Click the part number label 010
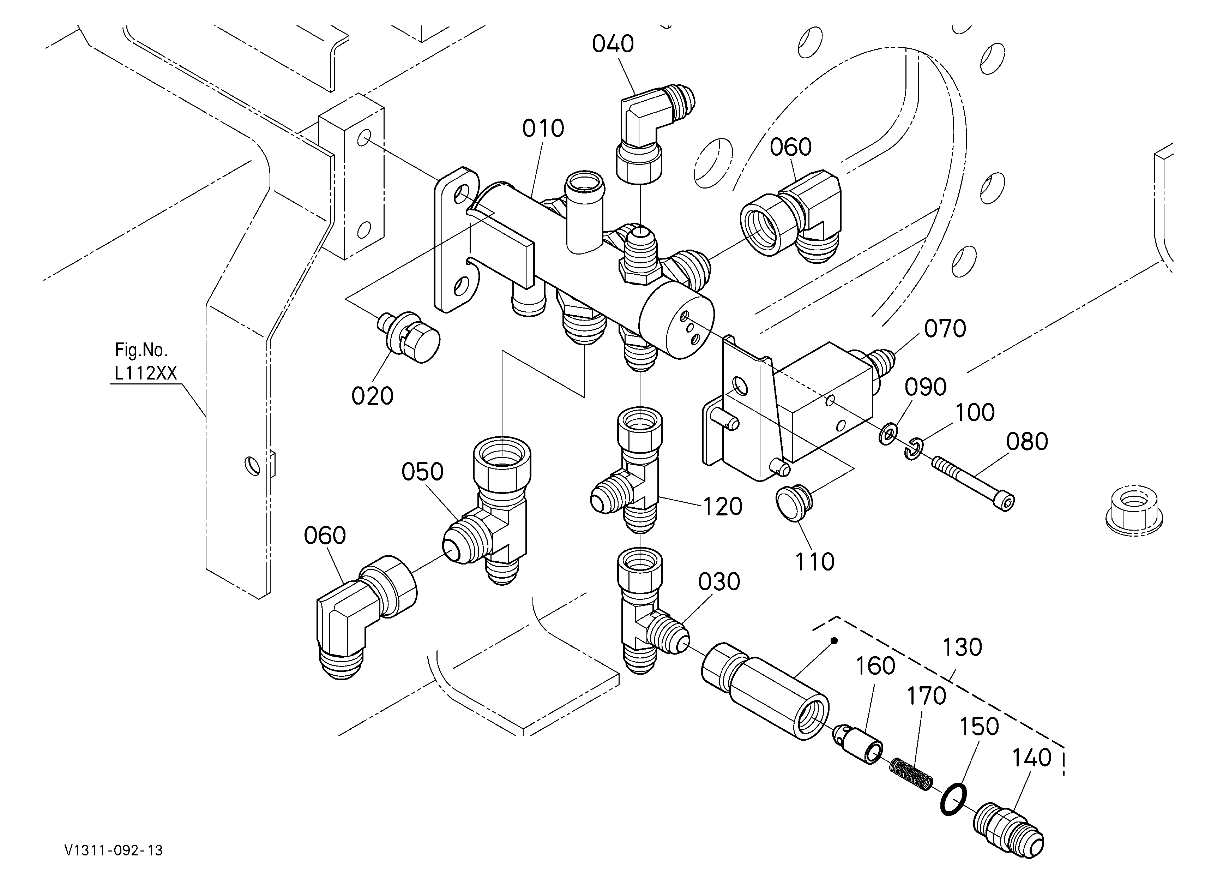click(543, 129)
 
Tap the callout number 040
click(613, 44)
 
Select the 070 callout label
click(945, 328)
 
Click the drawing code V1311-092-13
click(113, 850)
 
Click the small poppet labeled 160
click(857, 743)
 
